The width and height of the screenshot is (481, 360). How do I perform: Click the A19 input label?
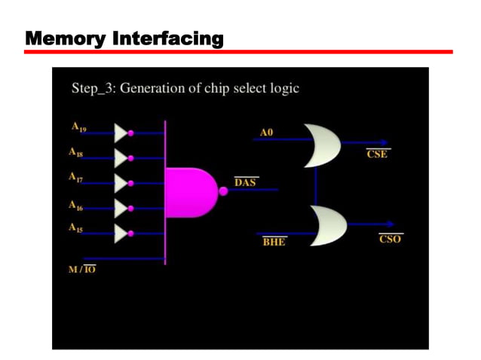[78, 128]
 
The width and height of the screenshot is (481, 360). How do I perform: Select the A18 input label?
[75, 153]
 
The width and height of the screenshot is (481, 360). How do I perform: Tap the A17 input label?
[75, 178]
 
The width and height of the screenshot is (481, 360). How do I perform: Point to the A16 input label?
[75, 205]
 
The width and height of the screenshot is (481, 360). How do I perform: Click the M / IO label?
[82, 269]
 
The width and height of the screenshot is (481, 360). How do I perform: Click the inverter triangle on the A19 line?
[121, 133]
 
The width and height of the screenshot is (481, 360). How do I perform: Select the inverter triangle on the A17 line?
[121, 183]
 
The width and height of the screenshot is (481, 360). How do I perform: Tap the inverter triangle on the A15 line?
[121, 233]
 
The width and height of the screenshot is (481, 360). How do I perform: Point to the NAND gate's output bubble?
[223, 191]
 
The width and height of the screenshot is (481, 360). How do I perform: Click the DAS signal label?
[245, 182]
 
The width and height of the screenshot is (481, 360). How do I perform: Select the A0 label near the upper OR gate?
[266, 133]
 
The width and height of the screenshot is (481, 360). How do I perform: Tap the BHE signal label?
[274, 242]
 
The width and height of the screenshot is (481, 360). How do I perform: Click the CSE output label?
[378, 154]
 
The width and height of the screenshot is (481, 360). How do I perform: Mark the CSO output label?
[390, 238]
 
